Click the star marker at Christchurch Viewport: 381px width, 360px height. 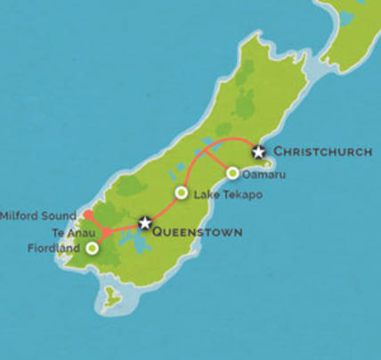(x=258, y=151)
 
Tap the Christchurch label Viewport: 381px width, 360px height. (x=321, y=151)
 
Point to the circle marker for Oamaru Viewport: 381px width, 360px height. (x=232, y=173)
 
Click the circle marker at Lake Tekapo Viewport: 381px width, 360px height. (x=181, y=192)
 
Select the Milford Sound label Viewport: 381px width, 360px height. (x=37, y=216)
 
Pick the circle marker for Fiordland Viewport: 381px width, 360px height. (x=91, y=249)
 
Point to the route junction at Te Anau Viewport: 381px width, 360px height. (x=105, y=233)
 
